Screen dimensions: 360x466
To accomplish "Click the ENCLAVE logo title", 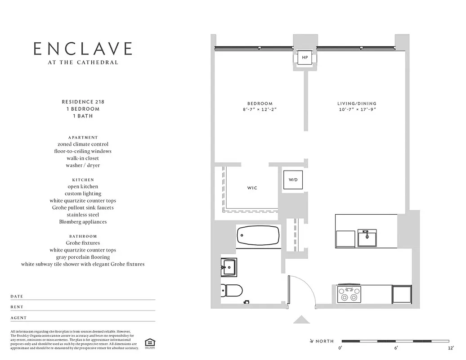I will click(83, 49).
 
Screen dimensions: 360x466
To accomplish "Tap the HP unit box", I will click(305, 58).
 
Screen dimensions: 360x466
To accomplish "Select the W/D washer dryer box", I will click(293, 180).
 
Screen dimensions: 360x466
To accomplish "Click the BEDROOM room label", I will click(260, 103).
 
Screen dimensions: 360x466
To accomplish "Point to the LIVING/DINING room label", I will click(357, 103).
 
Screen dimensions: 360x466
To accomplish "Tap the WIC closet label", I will click(252, 188).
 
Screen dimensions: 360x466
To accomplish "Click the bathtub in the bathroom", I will click(258, 234).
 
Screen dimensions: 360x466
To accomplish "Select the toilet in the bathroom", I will click(232, 290).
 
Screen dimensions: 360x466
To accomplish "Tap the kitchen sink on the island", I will click(367, 238).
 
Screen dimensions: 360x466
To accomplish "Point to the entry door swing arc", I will click(310, 288).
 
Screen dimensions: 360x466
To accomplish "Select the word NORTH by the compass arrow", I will click(324, 342).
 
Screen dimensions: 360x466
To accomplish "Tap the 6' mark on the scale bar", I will click(396, 348).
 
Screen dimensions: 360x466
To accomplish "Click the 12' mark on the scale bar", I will click(451, 348).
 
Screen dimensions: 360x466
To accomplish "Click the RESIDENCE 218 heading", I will click(83, 102).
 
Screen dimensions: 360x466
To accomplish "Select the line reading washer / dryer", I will click(83, 165).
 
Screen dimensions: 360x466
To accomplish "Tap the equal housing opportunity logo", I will click(148, 342).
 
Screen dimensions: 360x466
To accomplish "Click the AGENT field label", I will click(18, 318).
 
